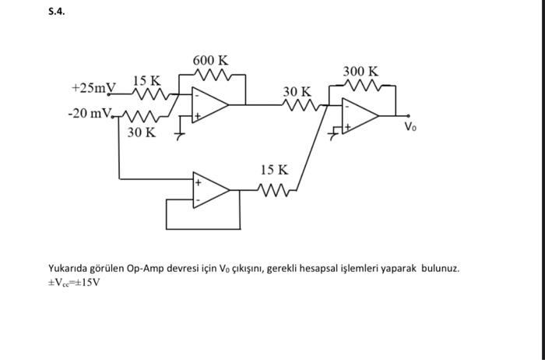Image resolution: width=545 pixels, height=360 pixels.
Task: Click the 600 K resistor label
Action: click(x=210, y=60)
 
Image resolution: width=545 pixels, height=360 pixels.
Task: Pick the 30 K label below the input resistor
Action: click(x=141, y=132)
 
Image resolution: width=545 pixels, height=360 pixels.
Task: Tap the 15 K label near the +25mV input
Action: click(x=146, y=80)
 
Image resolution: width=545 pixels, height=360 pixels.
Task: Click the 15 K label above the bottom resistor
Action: click(x=274, y=170)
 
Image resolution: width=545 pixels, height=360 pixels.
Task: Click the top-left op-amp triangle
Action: click(x=209, y=104)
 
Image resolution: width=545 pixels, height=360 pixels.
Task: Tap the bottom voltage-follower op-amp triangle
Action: click(x=211, y=190)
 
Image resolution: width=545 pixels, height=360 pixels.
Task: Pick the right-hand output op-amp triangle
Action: click(x=360, y=116)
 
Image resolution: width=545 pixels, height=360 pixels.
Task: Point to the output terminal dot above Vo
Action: click(x=407, y=116)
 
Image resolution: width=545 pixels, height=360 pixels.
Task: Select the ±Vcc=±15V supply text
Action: click(x=74, y=281)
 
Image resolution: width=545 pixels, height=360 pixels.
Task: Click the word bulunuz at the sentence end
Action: click(x=441, y=268)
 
